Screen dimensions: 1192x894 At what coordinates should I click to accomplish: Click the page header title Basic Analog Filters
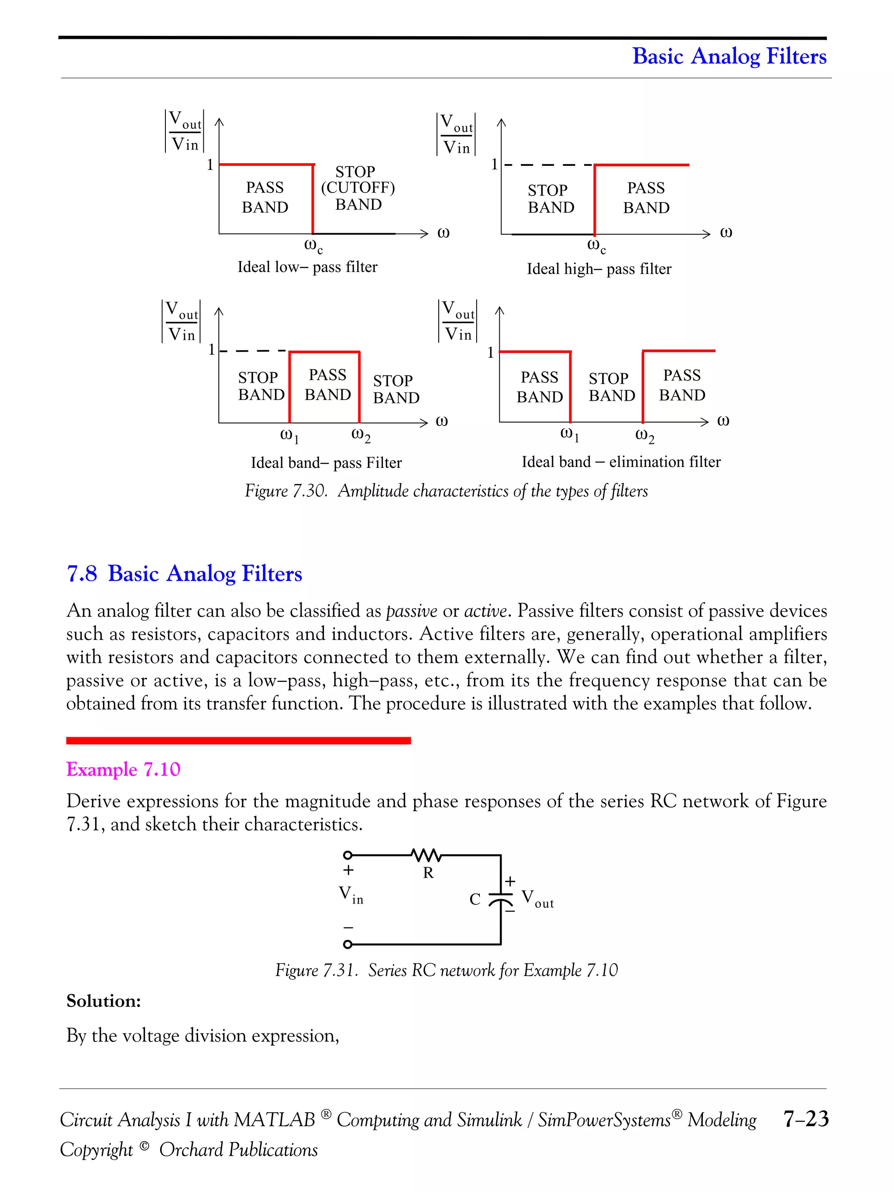click(x=729, y=56)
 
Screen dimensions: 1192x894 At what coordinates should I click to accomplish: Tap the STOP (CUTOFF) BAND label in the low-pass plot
click(x=358, y=188)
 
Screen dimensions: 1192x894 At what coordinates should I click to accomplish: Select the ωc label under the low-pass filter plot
click(x=313, y=246)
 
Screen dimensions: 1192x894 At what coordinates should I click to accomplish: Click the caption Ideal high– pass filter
click(x=599, y=269)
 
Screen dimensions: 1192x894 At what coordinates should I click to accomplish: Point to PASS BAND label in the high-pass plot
click(x=646, y=198)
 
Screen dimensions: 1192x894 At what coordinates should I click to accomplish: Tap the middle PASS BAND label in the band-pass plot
click(x=328, y=385)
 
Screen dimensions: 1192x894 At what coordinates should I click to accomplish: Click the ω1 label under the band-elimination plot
click(x=570, y=434)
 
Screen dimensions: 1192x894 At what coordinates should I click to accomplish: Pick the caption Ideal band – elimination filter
click(x=621, y=462)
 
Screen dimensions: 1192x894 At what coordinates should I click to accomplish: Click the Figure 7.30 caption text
click(x=446, y=491)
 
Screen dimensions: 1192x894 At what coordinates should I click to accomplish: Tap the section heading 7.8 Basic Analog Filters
click(x=184, y=574)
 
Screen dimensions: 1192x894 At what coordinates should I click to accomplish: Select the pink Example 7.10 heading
click(x=124, y=769)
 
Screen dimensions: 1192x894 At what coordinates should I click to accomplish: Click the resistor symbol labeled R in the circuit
click(x=426, y=855)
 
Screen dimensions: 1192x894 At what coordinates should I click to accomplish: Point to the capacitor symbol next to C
click(x=501, y=900)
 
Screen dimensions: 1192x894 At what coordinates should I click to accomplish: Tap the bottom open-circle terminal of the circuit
click(x=347, y=945)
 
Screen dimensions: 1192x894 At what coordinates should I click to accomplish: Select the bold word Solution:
click(x=103, y=1001)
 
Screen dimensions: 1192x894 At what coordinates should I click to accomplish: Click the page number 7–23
click(x=806, y=1119)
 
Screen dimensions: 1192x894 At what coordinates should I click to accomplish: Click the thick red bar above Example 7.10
click(x=238, y=741)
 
